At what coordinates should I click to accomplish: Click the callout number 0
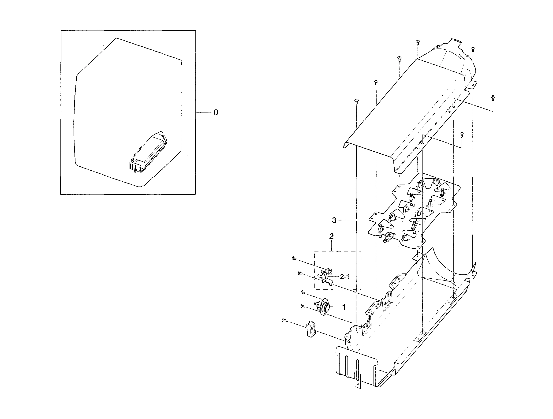click(x=216, y=113)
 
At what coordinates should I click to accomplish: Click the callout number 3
click(x=334, y=220)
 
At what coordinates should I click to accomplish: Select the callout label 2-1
click(x=344, y=277)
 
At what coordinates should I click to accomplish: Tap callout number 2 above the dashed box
click(x=331, y=236)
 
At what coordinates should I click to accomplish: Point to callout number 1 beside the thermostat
click(x=344, y=307)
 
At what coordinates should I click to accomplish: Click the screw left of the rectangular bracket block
click(x=284, y=319)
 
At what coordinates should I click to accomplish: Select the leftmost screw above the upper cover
click(x=356, y=101)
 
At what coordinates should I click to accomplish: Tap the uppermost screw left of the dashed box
click(x=294, y=259)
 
